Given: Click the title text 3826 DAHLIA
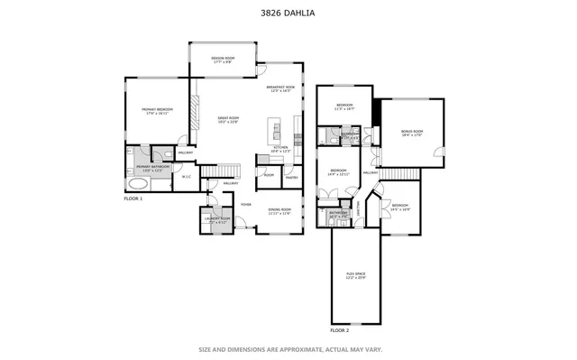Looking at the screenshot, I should tap(288, 14).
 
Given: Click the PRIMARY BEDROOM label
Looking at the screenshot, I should tap(157, 111).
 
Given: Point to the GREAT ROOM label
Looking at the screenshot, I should tap(227, 120).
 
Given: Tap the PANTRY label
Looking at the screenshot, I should tap(291, 178).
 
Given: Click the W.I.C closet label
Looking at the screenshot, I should tap(186, 176).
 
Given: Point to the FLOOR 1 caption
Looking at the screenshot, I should tap(133, 197).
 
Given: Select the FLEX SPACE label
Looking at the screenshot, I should tap(355, 274).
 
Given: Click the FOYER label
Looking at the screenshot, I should tap(244, 205).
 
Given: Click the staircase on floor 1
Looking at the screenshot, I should tap(220, 171).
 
